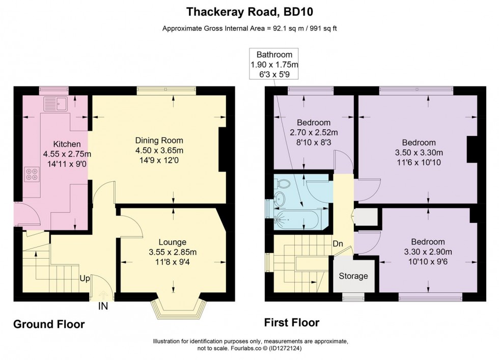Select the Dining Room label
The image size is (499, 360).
pyautogui.click(x=159, y=141)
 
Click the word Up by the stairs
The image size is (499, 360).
pyautogui.click(x=85, y=279)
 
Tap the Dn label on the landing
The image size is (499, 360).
pyautogui.click(x=338, y=244)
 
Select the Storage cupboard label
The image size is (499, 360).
pyautogui.click(x=353, y=276)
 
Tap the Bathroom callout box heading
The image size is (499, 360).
pyautogui.click(x=274, y=55)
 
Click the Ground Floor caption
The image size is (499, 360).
pyautogui.click(x=48, y=324)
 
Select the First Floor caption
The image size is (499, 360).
pyautogui.click(x=291, y=322)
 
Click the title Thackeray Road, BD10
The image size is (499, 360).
pyautogui.click(x=249, y=11)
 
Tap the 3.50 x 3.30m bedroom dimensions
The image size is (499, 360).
pyautogui.click(x=419, y=152)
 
